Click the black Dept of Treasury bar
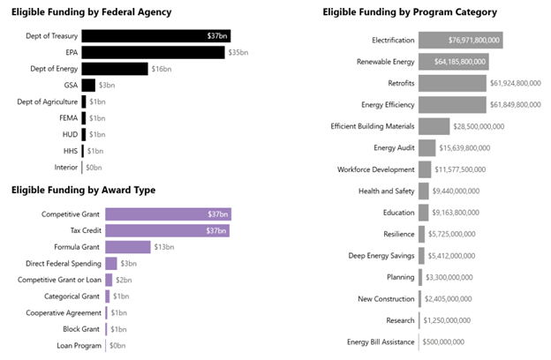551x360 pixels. pos(155,36)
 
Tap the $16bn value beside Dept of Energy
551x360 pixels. pos(161,69)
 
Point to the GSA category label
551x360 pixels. pos(71,86)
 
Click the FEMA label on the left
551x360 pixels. pos(69,118)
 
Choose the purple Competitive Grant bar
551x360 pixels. pos(168,214)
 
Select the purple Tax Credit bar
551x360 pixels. pos(167,230)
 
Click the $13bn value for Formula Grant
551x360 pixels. pos(163,247)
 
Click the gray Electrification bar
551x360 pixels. pos(460,41)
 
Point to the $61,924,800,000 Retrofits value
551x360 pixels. pos(515,84)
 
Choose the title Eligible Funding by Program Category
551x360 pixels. pos(410,12)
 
